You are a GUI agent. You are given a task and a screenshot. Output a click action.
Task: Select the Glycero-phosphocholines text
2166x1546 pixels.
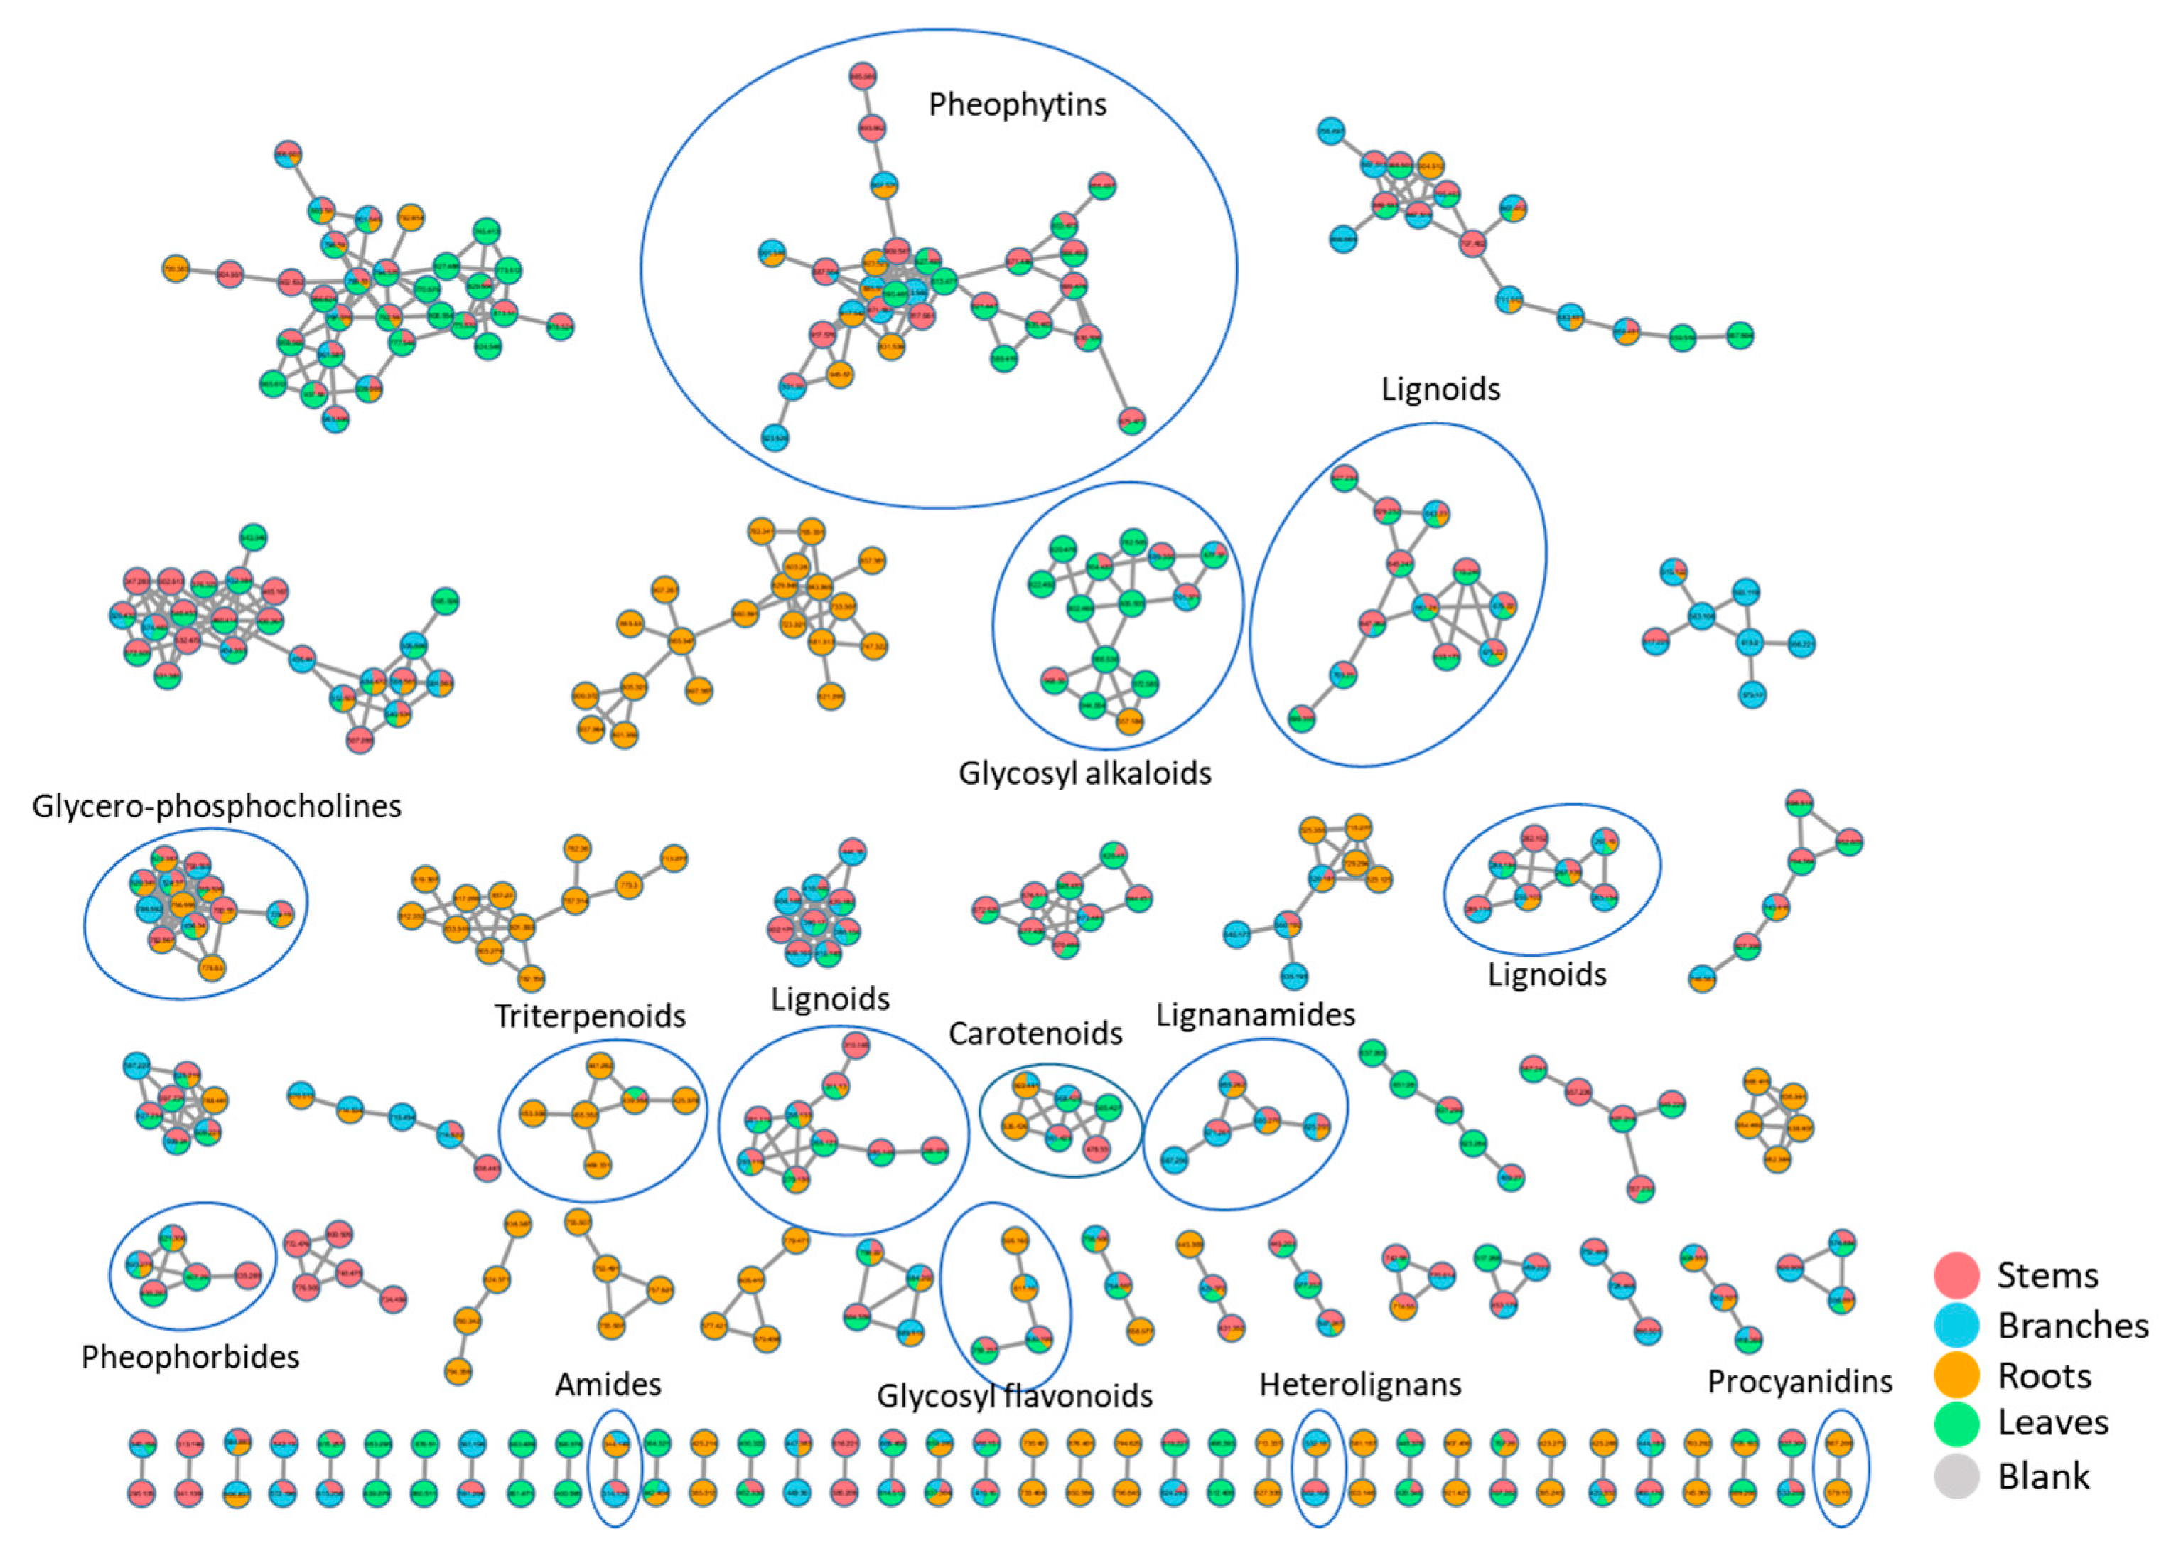click(x=216, y=806)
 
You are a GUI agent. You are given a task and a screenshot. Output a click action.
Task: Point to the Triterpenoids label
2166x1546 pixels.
click(x=589, y=1016)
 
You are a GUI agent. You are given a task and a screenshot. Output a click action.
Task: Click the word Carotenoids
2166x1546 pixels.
click(x=1035, y=1033)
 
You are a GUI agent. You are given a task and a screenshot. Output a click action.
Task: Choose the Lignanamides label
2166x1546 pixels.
click(x=1254, y=1015)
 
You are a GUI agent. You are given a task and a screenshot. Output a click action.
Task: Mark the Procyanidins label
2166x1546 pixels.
click(x=1799, y=1381)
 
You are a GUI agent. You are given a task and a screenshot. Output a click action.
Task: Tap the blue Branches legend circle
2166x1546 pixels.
click(x=1956, y=1325)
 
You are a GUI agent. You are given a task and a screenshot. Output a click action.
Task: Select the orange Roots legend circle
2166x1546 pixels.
click(x=1956, y=1375)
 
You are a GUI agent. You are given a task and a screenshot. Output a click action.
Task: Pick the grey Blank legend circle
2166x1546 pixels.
click(x=1956, y=1476)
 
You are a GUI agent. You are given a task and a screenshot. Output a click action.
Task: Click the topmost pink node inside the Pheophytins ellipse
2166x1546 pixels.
click(x=862, y=77)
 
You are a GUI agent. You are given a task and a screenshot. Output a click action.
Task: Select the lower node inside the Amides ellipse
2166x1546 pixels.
click(x=615, y=1492)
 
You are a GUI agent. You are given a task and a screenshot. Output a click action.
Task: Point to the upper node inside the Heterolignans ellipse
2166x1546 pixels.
click(x=1316, y=1443)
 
